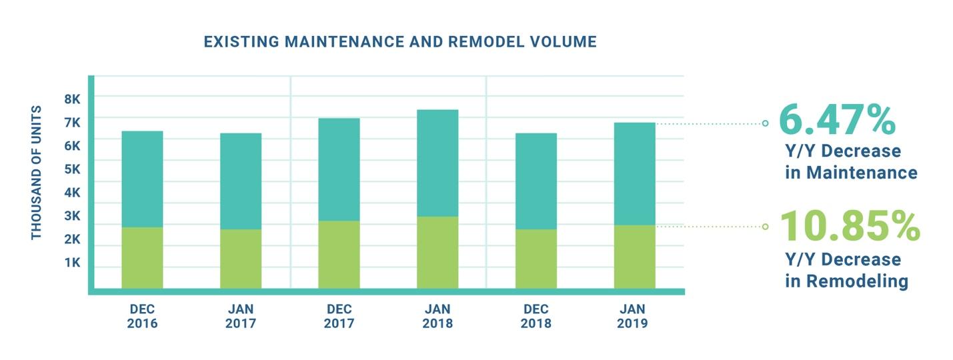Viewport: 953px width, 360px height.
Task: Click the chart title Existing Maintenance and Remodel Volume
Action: (x=399, y=42)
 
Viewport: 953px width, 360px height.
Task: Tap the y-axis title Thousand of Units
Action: (x=36, y=172)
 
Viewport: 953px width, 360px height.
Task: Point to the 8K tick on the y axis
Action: (x=72, y=99)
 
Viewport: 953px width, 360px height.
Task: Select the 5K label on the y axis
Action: (x=72, y=169)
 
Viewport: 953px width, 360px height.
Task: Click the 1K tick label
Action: (x=72, y=263)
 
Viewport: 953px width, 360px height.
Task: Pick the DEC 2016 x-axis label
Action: (x=142, y=316)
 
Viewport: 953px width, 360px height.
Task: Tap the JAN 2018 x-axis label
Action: (x=437, y=316)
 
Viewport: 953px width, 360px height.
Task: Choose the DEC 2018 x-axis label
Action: (x=536, y=316)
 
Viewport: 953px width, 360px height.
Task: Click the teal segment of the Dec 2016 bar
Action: (x=142, y=179)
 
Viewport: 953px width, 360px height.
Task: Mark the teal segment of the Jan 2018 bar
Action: (x=437, y=163)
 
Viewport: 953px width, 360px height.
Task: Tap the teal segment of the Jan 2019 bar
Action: (x=634, y=173)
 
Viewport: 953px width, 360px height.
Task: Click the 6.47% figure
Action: (x=836, y=120)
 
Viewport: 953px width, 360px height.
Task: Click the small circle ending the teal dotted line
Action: (x=765, y=123)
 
